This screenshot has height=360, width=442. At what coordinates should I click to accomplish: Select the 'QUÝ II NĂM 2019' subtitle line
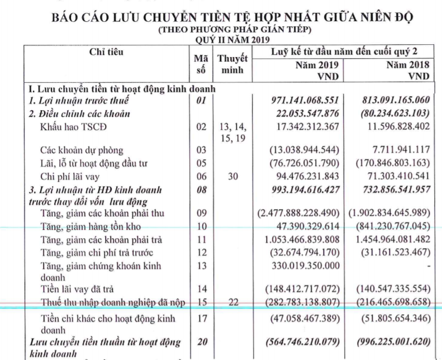[x=232, y=40]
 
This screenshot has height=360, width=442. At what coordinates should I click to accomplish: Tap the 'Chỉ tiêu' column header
[x=106, y=53]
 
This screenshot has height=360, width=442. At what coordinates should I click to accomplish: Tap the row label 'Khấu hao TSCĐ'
[x=73, y=127]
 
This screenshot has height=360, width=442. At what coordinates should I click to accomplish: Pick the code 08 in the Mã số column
[x=202, y=190]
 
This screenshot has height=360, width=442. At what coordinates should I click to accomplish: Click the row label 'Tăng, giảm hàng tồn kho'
[x=90, y=226]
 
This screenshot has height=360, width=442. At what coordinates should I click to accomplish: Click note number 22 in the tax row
[x=232, y=302]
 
